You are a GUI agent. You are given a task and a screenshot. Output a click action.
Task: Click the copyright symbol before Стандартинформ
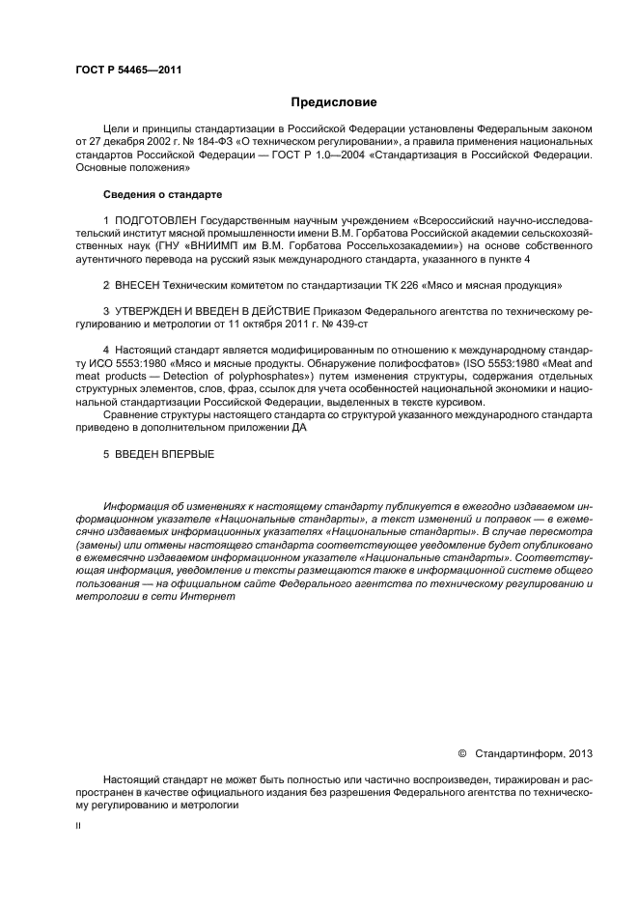point(461,751)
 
